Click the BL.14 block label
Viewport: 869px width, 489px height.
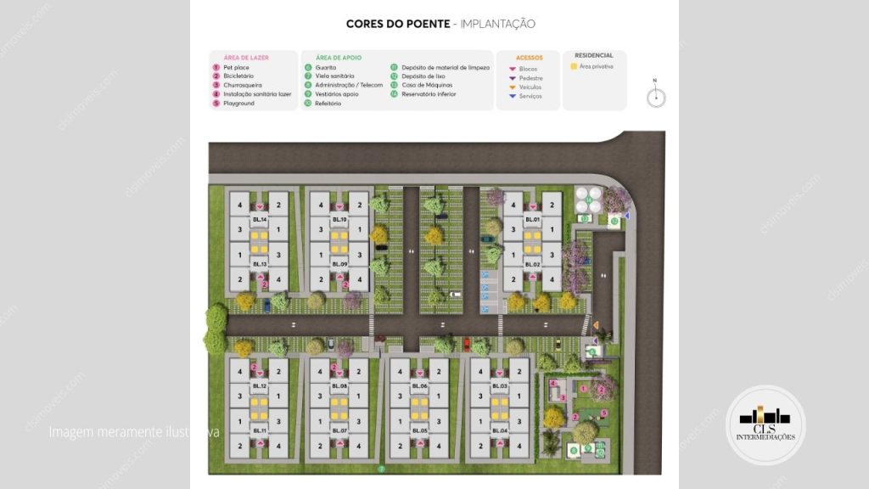pos(259,220)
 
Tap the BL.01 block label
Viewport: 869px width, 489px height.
pos(531,220)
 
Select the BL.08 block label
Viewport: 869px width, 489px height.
pos(339,386)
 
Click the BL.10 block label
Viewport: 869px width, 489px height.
pos(339,220)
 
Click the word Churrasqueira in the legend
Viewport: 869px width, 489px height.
pos(242,85)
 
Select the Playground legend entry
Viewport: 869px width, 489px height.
pos(238,104)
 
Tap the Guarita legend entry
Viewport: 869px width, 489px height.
pos(326,67)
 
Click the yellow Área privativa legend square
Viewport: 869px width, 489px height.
pos(574,66)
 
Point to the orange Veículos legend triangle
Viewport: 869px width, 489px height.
pos(512,87)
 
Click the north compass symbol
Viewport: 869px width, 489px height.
pos(655,97)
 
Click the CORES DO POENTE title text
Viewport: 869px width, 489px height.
pos(398,25)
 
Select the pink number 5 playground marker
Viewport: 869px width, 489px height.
pos(604,413)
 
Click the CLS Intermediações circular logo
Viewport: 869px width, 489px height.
pos(765,424)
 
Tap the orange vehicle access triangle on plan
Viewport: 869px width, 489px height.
pos(597,325)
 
